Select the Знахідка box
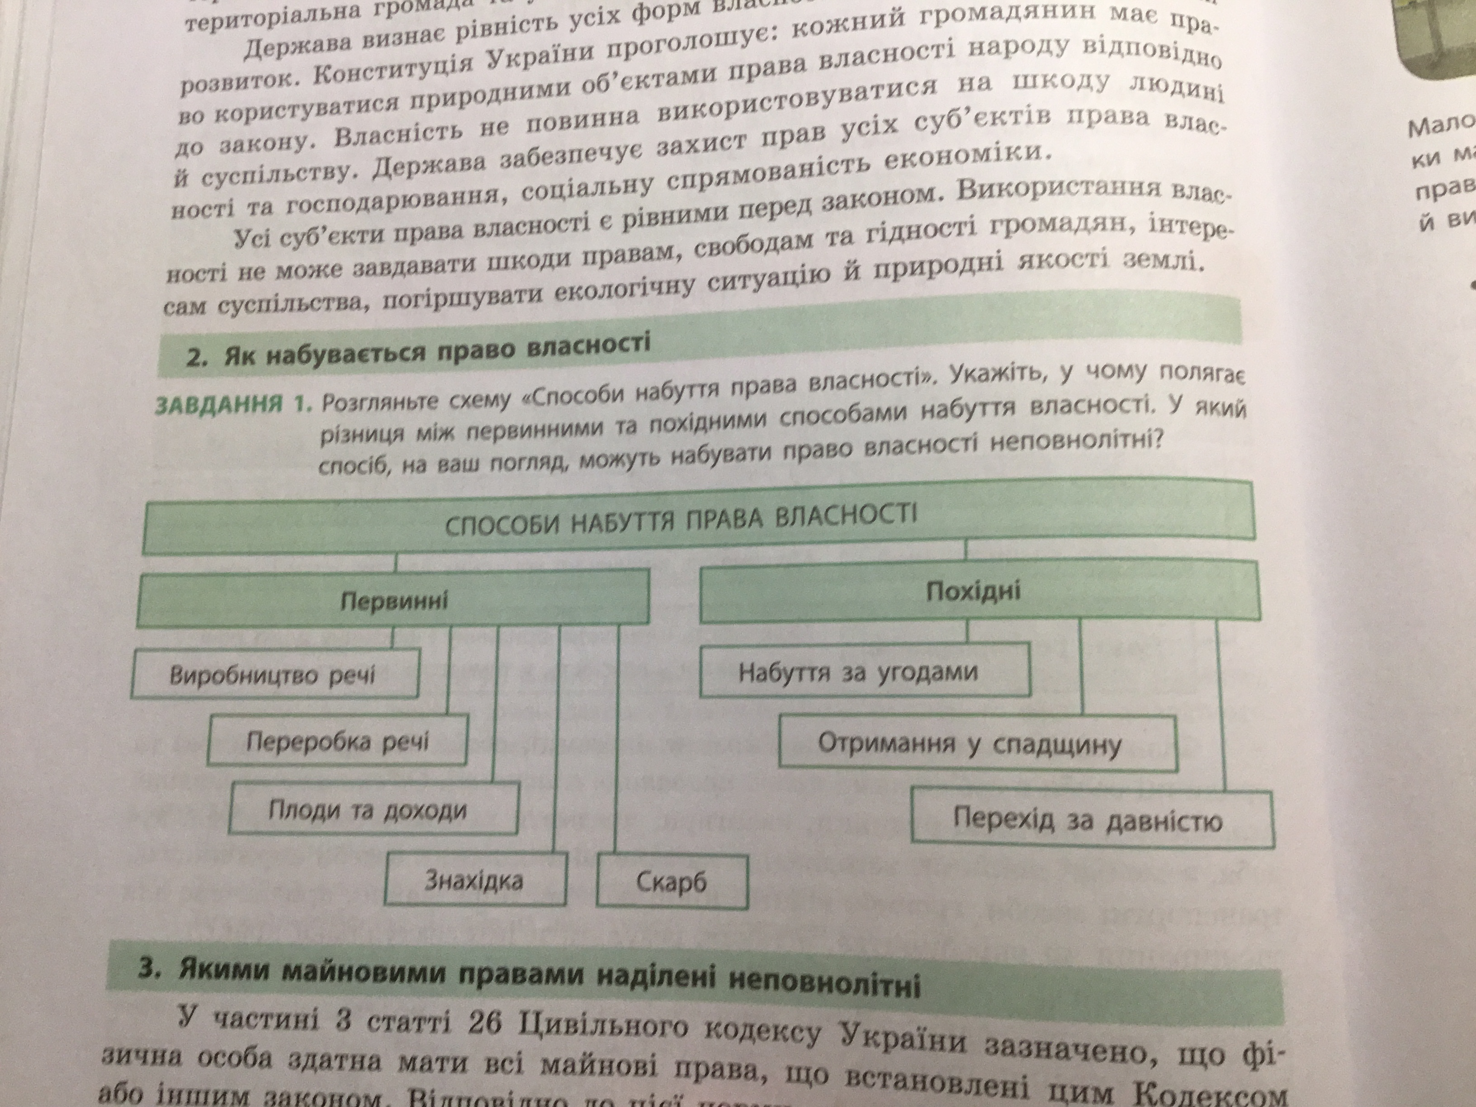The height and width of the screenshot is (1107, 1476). (x=474, y=881)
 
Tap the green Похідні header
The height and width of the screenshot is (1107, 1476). (x=974, y=592)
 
